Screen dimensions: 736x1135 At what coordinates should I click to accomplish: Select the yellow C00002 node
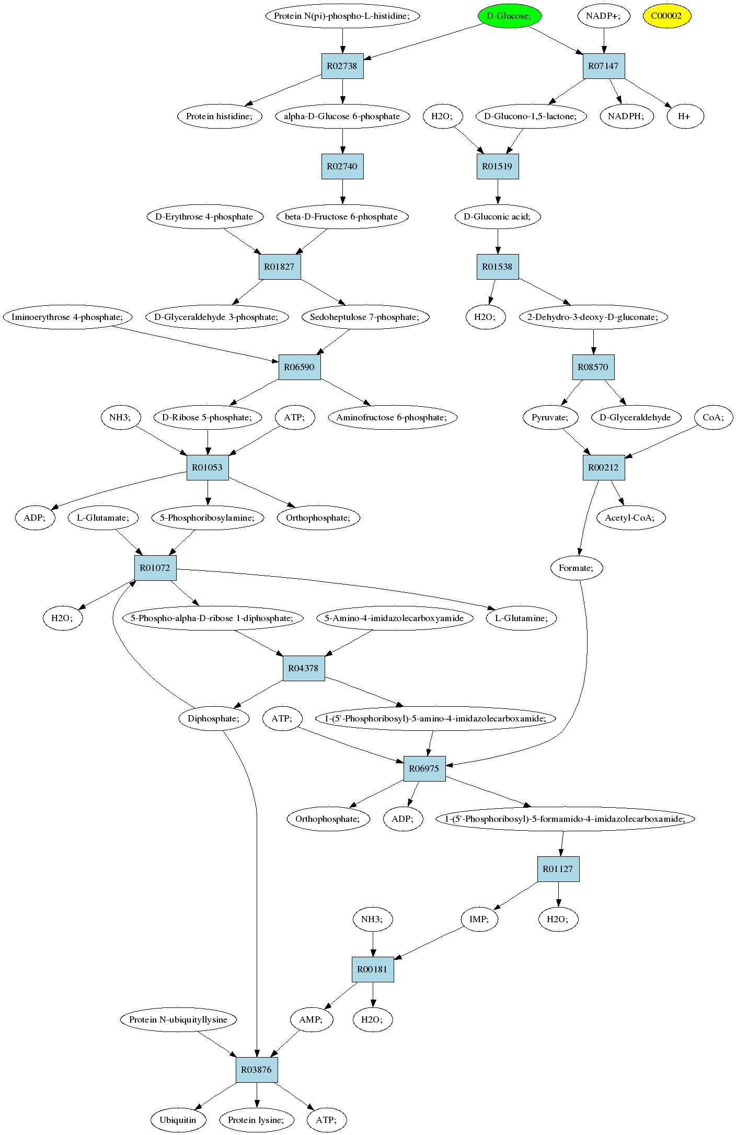tap(667, 16)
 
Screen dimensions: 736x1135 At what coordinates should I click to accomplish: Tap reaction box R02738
tap(342, 66)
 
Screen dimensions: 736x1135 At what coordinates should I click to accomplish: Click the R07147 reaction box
tap(604, 66)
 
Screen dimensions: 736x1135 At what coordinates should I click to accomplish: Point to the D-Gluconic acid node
tap(498, 216)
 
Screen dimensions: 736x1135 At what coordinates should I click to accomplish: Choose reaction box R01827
tap(280, 267)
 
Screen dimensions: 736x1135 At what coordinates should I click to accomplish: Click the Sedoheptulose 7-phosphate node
tap(365, 317)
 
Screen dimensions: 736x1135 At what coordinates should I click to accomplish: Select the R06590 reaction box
tap(300, 367)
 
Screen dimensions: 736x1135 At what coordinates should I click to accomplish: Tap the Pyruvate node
tap(550, 417)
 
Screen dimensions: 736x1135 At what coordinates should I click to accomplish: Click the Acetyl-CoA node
tap(631, 518)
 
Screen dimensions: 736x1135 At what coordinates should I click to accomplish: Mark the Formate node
tap(577, 568)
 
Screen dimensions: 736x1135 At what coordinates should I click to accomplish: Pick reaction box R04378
tap(304, 668)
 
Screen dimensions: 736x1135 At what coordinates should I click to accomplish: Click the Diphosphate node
tap(214, 718)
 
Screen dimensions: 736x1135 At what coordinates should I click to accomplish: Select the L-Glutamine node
tap(522, 618)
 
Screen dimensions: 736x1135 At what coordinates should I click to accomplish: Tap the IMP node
tap(479, 919)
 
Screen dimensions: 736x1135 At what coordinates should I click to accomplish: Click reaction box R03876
tap(257, 1070)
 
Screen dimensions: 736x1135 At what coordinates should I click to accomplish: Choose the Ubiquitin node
tap(178, 1120)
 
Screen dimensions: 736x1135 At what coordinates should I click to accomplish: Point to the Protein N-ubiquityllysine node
tap(179, 1019)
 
